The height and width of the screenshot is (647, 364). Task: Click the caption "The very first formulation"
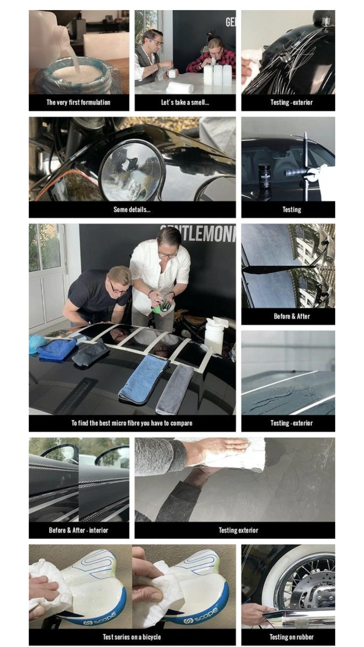79,102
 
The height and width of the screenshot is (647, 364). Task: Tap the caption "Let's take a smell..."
185,102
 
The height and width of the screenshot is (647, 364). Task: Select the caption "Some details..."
132,210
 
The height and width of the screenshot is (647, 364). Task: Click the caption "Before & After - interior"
79,530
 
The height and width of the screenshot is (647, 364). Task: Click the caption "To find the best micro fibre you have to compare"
132,423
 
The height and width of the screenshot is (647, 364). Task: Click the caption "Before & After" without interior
292,316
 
